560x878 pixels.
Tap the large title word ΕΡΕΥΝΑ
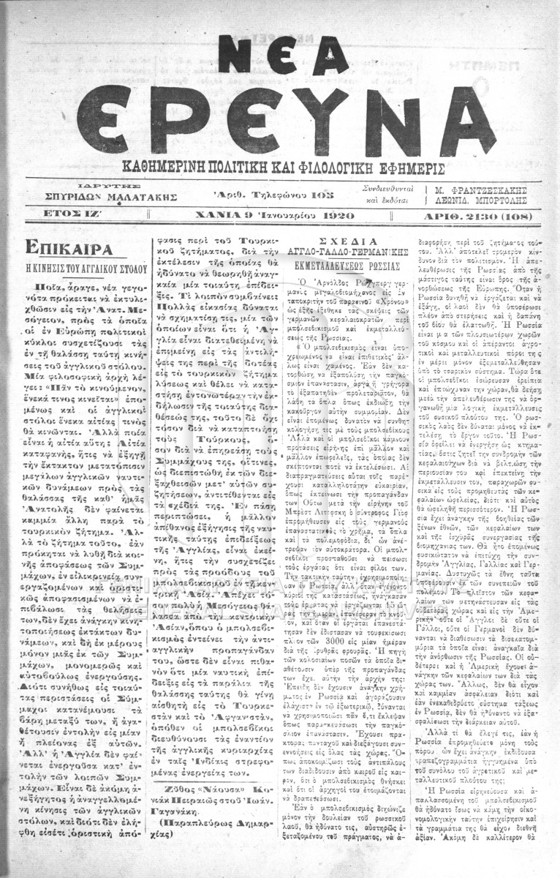click(x=285, y=117)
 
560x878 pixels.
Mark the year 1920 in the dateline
click(x=336, y=216)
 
